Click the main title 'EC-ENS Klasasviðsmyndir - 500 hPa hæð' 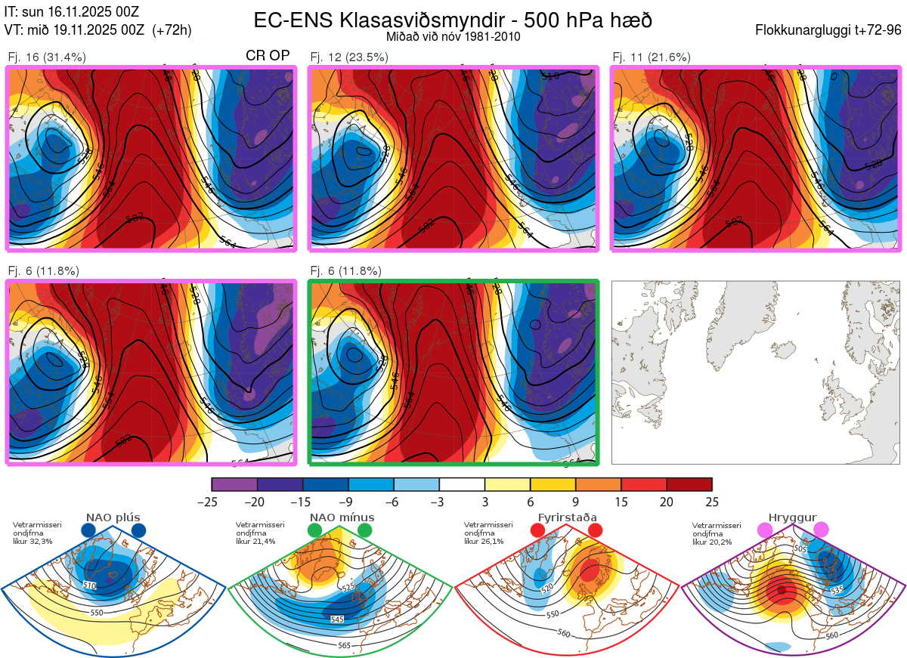pyautogui.click(x=453, y=20)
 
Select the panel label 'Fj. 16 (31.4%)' pyautogui.click(x=47, y=57)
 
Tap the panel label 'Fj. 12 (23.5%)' pyautogui.click(x=349, y=57)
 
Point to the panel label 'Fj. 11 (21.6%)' pyautogui.click(x=651, y=57)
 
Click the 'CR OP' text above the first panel pyautogui.click(x=268, y=56)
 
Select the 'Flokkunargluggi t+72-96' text pyautogui.click(x=828, y=30)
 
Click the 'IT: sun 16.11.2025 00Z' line pyautogui.click(x=72, y=11)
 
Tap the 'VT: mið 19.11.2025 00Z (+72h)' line pyautogui.click(x=98, y=30)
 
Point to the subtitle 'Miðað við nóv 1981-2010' pyautogui.click(x=453, y=36)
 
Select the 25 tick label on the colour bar pyautogui.click(x=712, y=502)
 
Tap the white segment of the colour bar pyautogui.click(x=462, y=484)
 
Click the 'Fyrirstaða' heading pyautogui.click(x=567, y=517)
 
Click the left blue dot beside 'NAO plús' pyautogui.click(x=88, y=531)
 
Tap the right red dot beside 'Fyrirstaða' pyautogui.click(x=594, y=531)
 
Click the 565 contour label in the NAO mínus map pyautogui.click(x=345, y=645)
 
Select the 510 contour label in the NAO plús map pyautogui.click(x=89, y=586)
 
